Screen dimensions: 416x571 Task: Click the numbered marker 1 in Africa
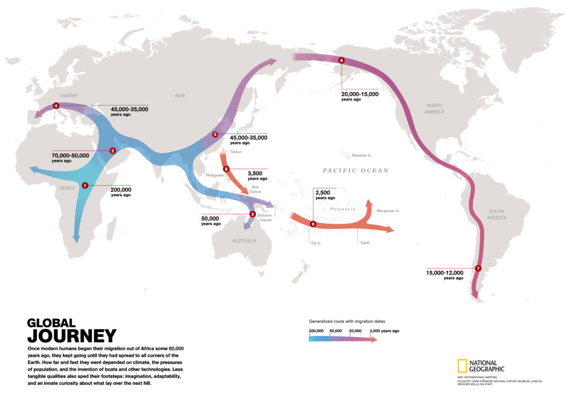coord(85,185)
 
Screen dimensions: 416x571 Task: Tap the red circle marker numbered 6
coord(341,61)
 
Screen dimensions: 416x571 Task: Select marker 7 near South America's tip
coord(478,268)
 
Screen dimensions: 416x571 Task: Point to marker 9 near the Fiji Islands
coord(313,224)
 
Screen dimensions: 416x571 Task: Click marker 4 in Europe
coord(56,105)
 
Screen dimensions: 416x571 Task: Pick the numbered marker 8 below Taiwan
coord(226,169)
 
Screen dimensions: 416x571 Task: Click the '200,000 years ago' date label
coord(120,192)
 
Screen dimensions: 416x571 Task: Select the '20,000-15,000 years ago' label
coord(360,96)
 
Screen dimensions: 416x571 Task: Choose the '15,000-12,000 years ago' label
coord(444,274)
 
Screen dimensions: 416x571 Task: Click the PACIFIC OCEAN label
coord(355,171)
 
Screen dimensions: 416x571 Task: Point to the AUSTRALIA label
coord(244,241)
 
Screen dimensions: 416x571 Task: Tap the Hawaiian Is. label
coord(362,155)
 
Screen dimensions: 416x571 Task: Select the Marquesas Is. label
coord(388,211)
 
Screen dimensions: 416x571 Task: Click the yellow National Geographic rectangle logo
coord(462,365)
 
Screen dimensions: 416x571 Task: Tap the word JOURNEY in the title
coord(71,336)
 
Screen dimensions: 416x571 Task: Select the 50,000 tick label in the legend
coord(335,331)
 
